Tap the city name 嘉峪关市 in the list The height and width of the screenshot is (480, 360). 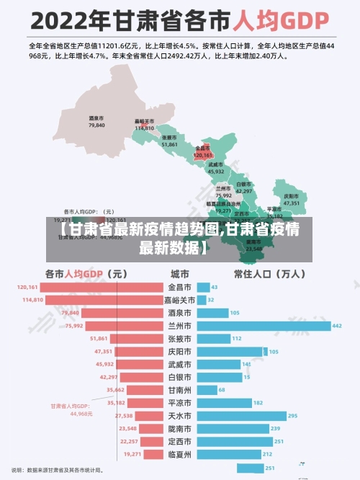[x=179, y=300]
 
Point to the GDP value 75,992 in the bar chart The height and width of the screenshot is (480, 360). [x=74, y=326]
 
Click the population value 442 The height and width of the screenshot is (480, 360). [x=336, y=326]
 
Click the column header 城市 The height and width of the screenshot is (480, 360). [x=179, y=274]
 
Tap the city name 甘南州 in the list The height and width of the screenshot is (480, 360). [x=179, y=390]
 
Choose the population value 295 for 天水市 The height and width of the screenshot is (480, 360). [x=292, y=416]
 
